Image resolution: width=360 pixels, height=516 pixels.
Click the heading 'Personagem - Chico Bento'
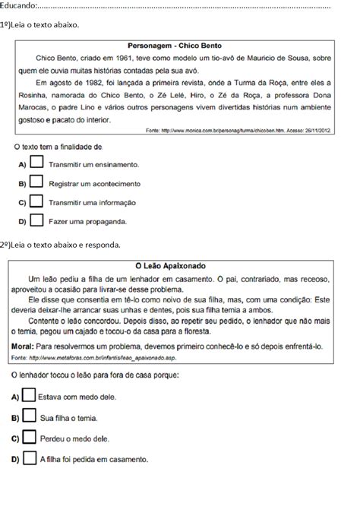pos(178,46)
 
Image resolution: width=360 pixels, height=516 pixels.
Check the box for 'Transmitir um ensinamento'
pos(36,163)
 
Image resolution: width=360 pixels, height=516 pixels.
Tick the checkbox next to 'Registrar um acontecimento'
pos(36,182)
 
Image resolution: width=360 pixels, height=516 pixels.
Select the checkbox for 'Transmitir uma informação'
pos(36,202)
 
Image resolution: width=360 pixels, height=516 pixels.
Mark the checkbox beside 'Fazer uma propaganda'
pos(36,221)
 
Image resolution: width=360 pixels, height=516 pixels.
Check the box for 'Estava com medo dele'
pos(29,396)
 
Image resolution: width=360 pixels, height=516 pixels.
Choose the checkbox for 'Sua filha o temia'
pos(29,416)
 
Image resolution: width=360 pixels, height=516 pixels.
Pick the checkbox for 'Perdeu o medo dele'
pos(29,438)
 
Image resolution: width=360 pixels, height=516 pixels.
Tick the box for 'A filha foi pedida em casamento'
pos(29,458)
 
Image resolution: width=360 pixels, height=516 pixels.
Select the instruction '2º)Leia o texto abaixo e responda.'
pos(60,245)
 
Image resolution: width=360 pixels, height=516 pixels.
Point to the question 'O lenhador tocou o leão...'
pos(95,375)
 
